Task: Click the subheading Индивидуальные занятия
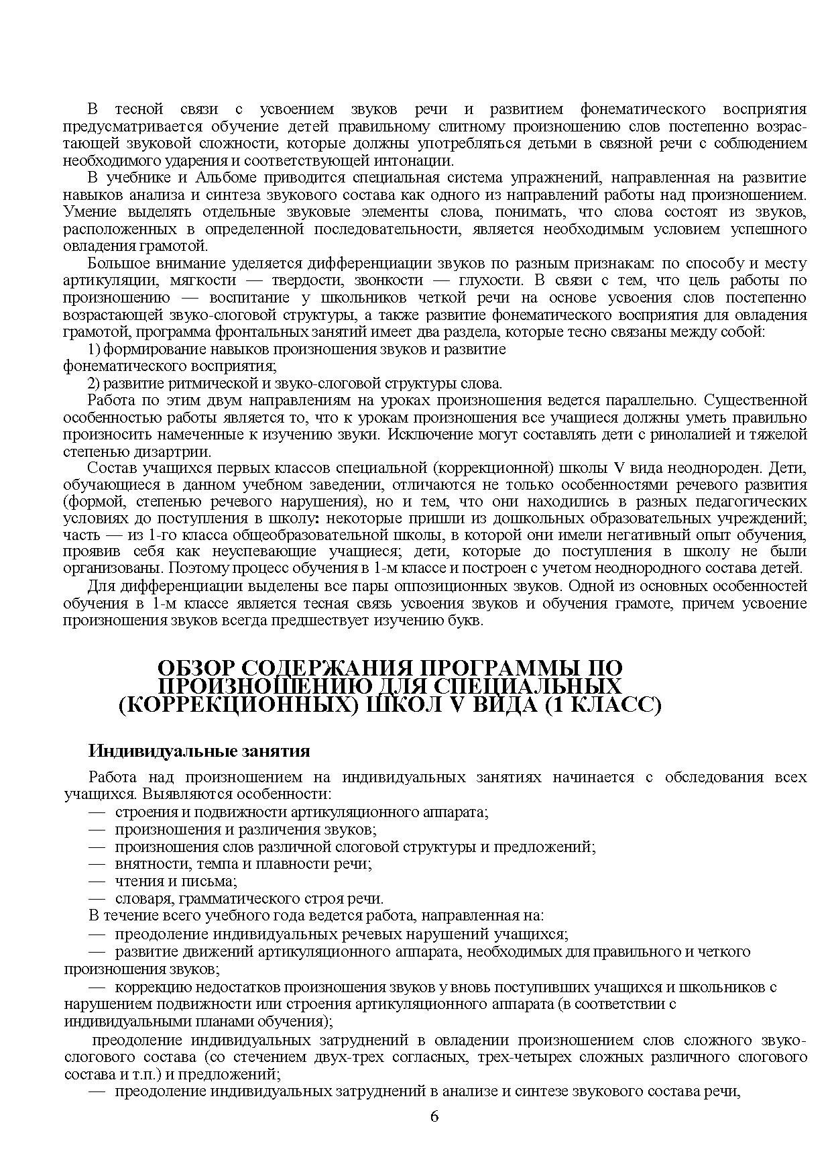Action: [x=199, y=750]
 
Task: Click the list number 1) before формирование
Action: [x=94, y=349]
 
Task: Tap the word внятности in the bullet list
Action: [x=143, y=864]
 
